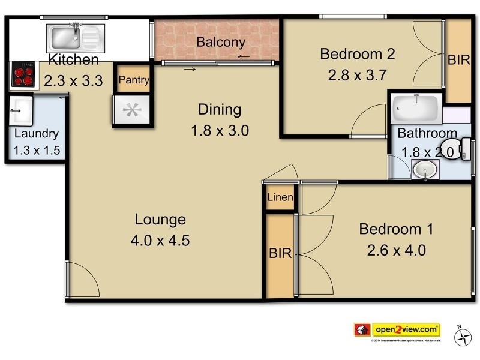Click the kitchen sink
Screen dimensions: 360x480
tap(76, 38)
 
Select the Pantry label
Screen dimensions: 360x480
tap(133, 80)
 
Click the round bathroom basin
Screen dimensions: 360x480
tap(425, 170)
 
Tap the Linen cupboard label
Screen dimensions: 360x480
tap(280, 197)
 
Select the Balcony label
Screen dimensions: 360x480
tap(220, 42)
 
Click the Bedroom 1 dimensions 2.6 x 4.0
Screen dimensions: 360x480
tap(396, 249)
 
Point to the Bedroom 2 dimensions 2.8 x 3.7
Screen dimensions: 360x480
tap(356, 76)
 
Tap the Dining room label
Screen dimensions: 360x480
tap(220, 110)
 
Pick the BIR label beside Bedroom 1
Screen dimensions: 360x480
tap(280, 254)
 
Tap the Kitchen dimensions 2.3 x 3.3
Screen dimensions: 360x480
tap(73, 80)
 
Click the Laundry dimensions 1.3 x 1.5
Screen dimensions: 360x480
tap(37, 151)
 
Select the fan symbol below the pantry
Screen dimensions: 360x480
tap(132, 110)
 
